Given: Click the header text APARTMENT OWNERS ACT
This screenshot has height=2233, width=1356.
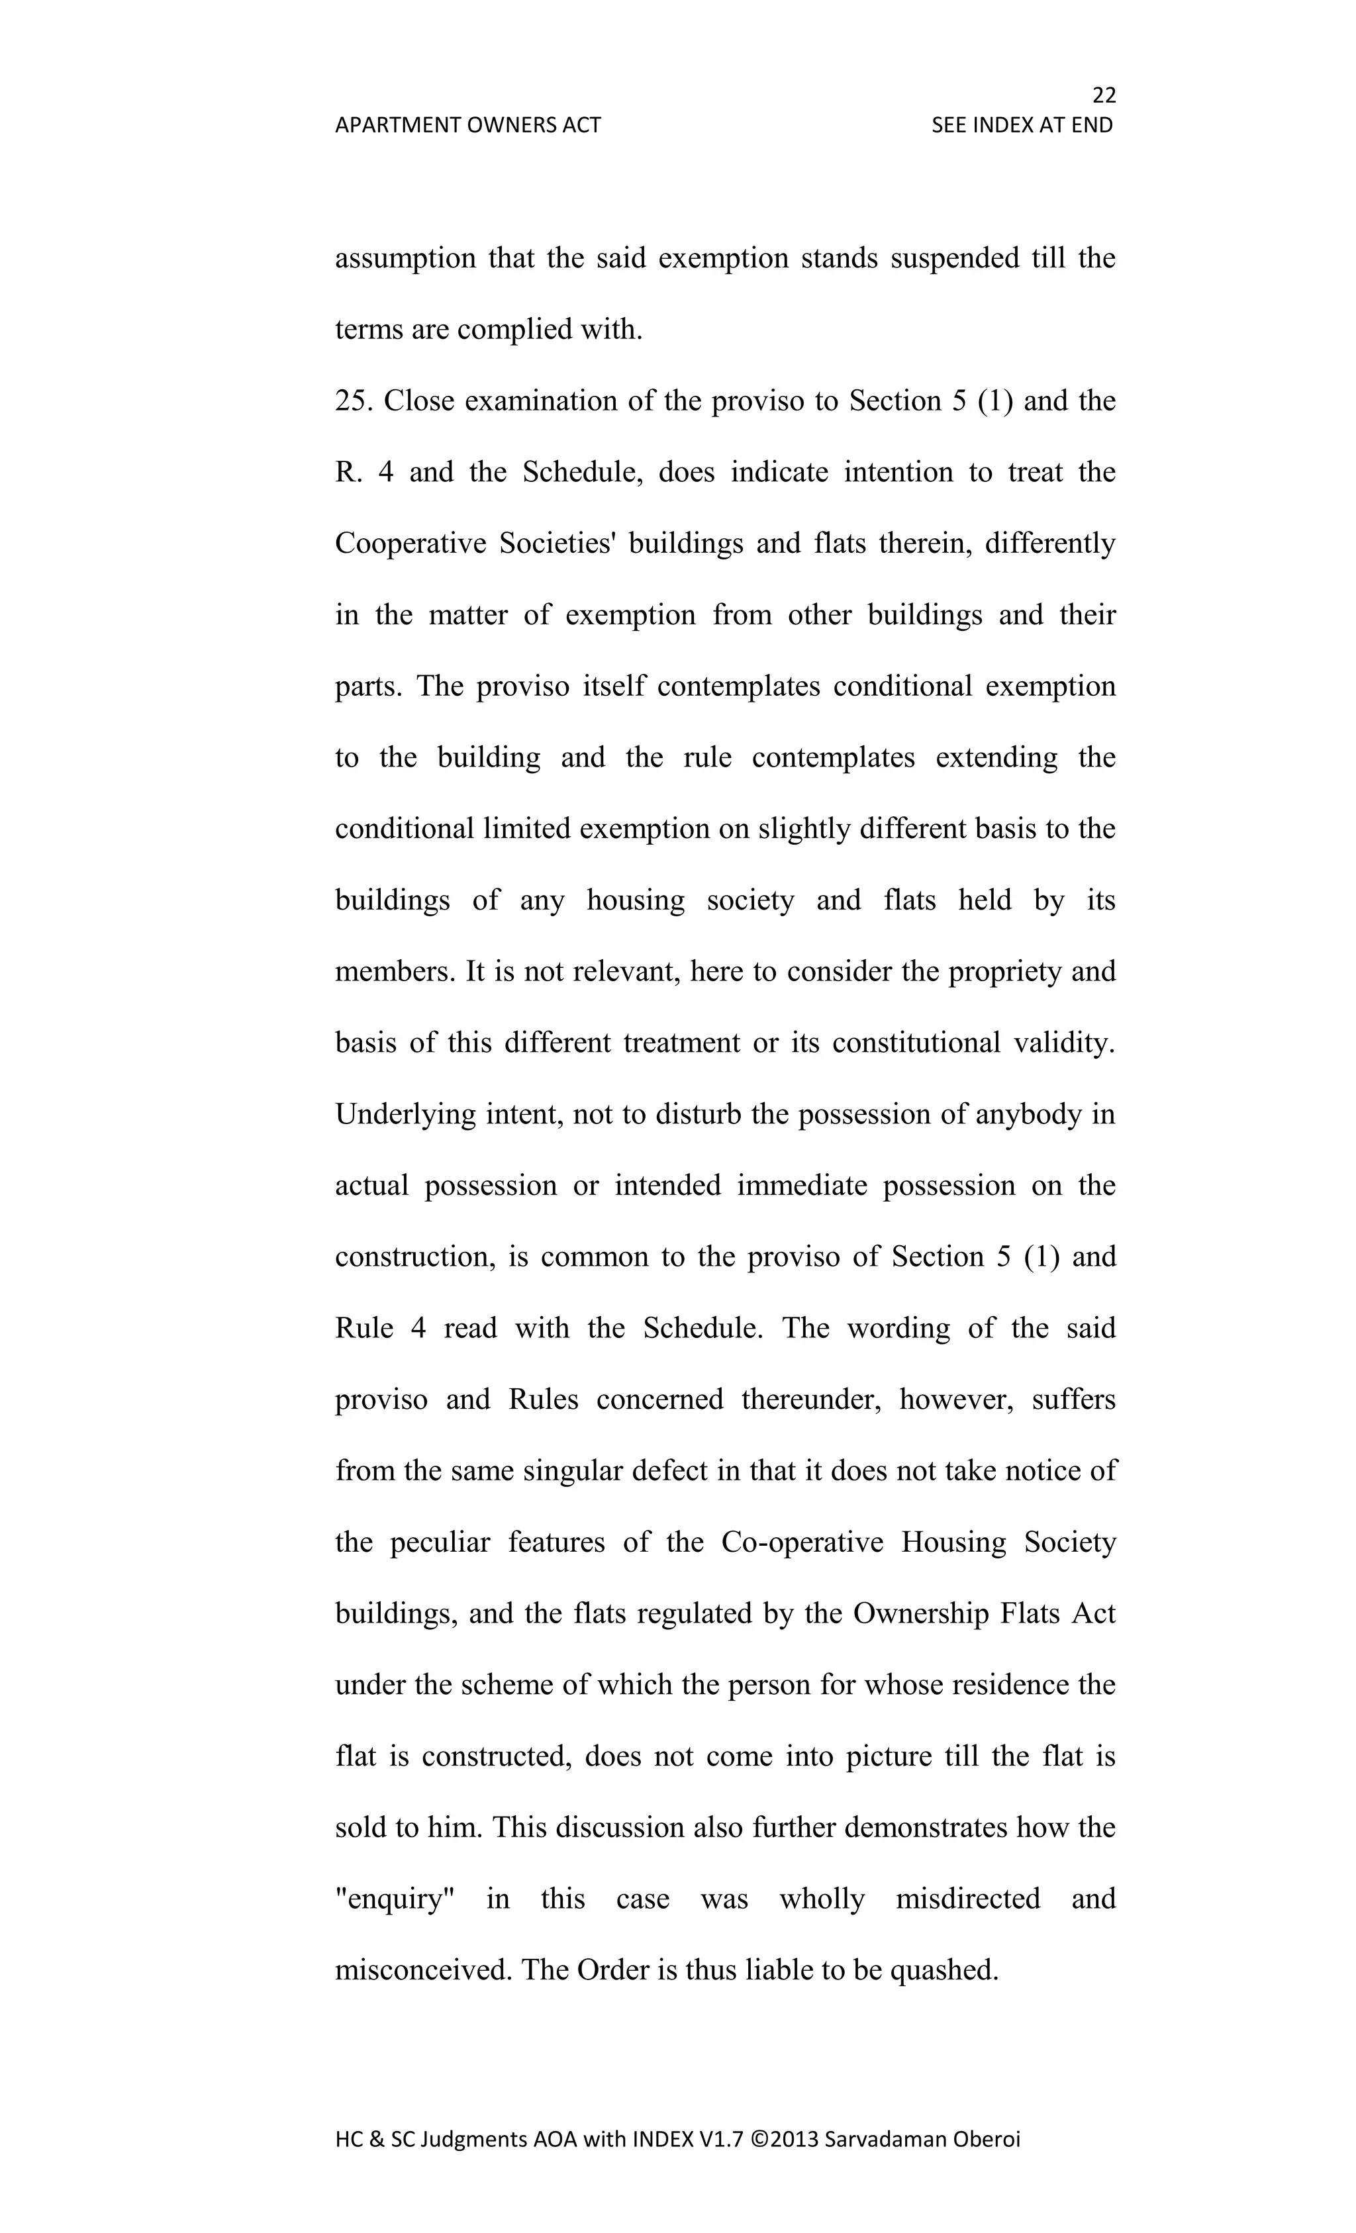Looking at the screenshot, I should tap(467, 125).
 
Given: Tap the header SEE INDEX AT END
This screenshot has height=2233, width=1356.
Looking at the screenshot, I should tap(1022, 125).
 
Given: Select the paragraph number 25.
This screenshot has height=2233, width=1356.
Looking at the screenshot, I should tap(352, 401).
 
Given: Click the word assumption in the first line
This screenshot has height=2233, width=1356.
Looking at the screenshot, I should tap(405, 258).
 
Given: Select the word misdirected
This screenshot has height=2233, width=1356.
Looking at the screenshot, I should tap(967, 1899).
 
